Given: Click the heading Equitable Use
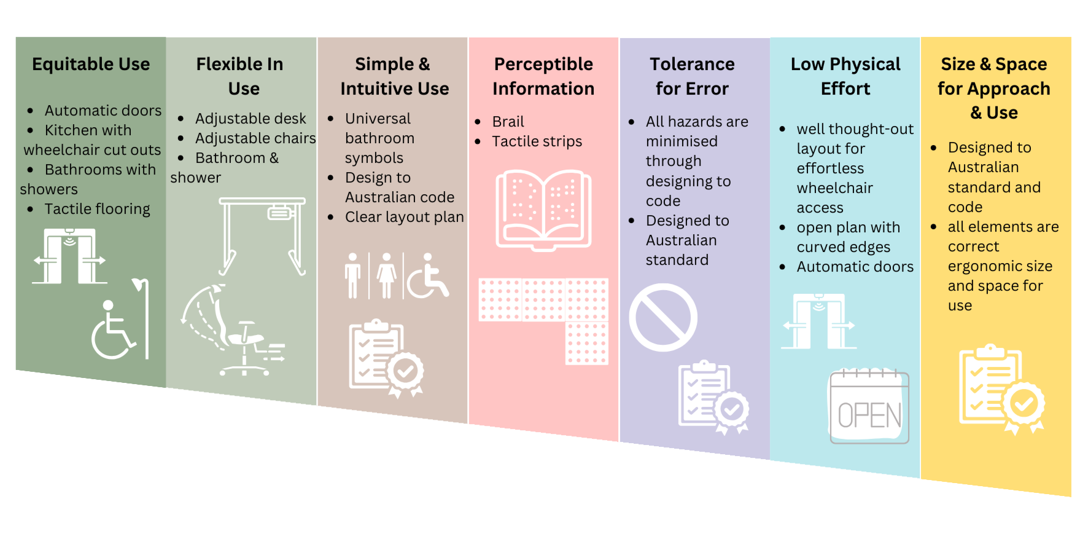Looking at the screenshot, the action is click(91, 64).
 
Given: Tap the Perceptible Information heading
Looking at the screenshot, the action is click(543, 76).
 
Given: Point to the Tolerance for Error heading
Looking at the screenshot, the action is click(692, 76).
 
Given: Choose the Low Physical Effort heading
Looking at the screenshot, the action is click(845, 76).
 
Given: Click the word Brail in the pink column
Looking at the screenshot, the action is click(508, 122).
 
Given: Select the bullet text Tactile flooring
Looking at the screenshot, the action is click(97, 209).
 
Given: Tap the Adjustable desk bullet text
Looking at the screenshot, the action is click(251, 119).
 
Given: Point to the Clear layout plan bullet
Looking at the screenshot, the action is click(404, 217).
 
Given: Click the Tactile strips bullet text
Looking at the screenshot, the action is click(537, 141).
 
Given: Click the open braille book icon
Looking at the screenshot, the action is click(543, 209).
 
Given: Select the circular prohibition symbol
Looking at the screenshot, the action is click(663, 317).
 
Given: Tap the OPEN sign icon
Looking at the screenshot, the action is click(869, 407).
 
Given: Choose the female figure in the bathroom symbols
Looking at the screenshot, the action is click(386, 276).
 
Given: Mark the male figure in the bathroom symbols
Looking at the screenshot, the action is click(352, 276).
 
